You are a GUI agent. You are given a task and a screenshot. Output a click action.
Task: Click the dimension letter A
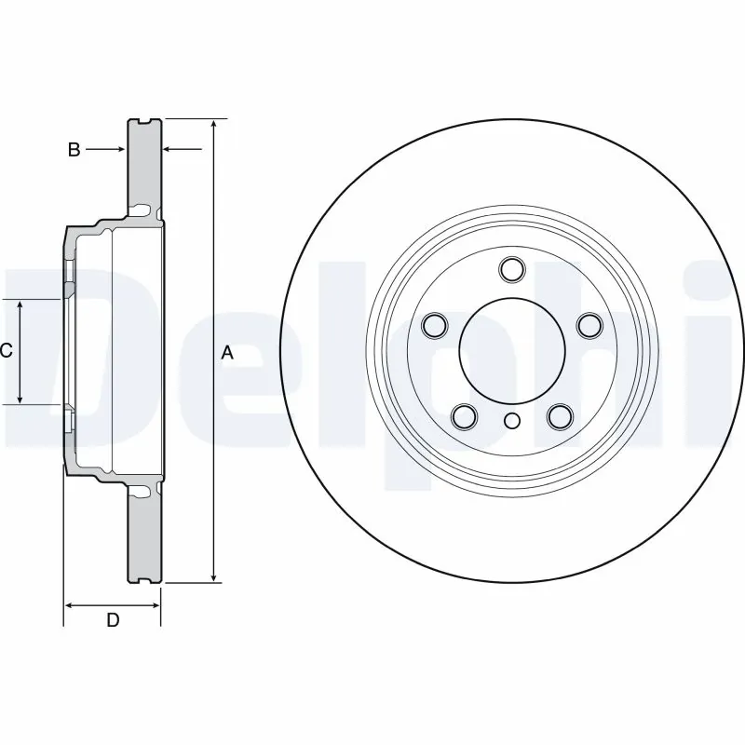point(227,352)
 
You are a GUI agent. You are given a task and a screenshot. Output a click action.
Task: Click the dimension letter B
point(74,148)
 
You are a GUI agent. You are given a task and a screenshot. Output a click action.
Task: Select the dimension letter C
point(6,351)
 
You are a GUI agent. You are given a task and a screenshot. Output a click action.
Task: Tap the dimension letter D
point(113,620)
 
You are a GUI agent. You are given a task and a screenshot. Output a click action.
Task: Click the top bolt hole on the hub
point(510,269)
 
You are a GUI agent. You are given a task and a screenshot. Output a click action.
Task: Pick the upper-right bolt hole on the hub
point(588,325)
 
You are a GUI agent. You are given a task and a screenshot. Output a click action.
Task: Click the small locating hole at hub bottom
point(510,421)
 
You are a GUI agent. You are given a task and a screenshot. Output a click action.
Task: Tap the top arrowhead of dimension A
point(214,126)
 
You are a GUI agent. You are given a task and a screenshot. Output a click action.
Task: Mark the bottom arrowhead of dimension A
point(214,577)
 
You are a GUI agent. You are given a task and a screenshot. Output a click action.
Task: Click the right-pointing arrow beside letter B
point(118,148)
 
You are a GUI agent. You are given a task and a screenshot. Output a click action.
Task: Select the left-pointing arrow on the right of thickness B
point(169,148)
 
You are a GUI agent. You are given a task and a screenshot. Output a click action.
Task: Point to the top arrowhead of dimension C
point(20,306)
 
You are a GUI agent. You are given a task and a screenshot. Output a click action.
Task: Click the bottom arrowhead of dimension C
point(20,398)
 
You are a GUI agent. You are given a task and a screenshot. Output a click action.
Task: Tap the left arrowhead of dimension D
point(70,604)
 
